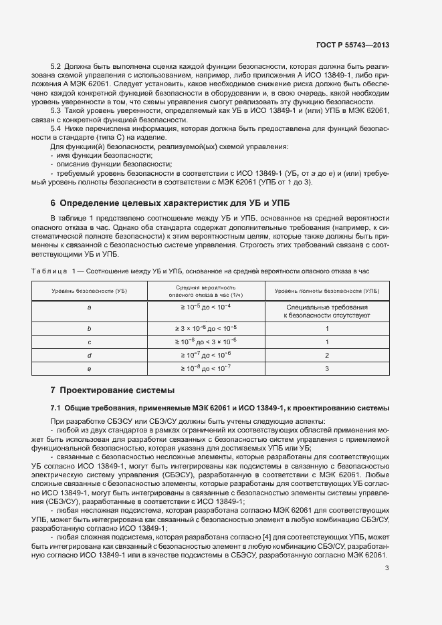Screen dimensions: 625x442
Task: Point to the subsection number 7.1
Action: point(57,408)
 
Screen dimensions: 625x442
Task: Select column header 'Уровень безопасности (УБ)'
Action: point(89,291)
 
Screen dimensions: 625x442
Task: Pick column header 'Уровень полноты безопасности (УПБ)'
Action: point(327,291)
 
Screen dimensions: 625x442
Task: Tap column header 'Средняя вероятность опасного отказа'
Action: point(206,291)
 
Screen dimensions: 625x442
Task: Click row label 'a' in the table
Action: point(89,307)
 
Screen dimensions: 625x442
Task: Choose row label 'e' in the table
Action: point(89,368)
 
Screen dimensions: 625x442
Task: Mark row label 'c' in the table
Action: point(89,341)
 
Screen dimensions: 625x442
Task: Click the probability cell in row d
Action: point(206,354)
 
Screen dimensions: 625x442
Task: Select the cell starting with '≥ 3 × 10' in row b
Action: point(206,328)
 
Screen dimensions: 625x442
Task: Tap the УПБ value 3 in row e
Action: point(327,368)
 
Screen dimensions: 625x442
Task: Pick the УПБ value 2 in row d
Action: point(327,354)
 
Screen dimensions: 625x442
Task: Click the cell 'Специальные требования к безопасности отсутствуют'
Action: point(327,310)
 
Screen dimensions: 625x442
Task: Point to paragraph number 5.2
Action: point(56,68)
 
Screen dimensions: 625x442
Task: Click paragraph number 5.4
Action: point(56,127)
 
